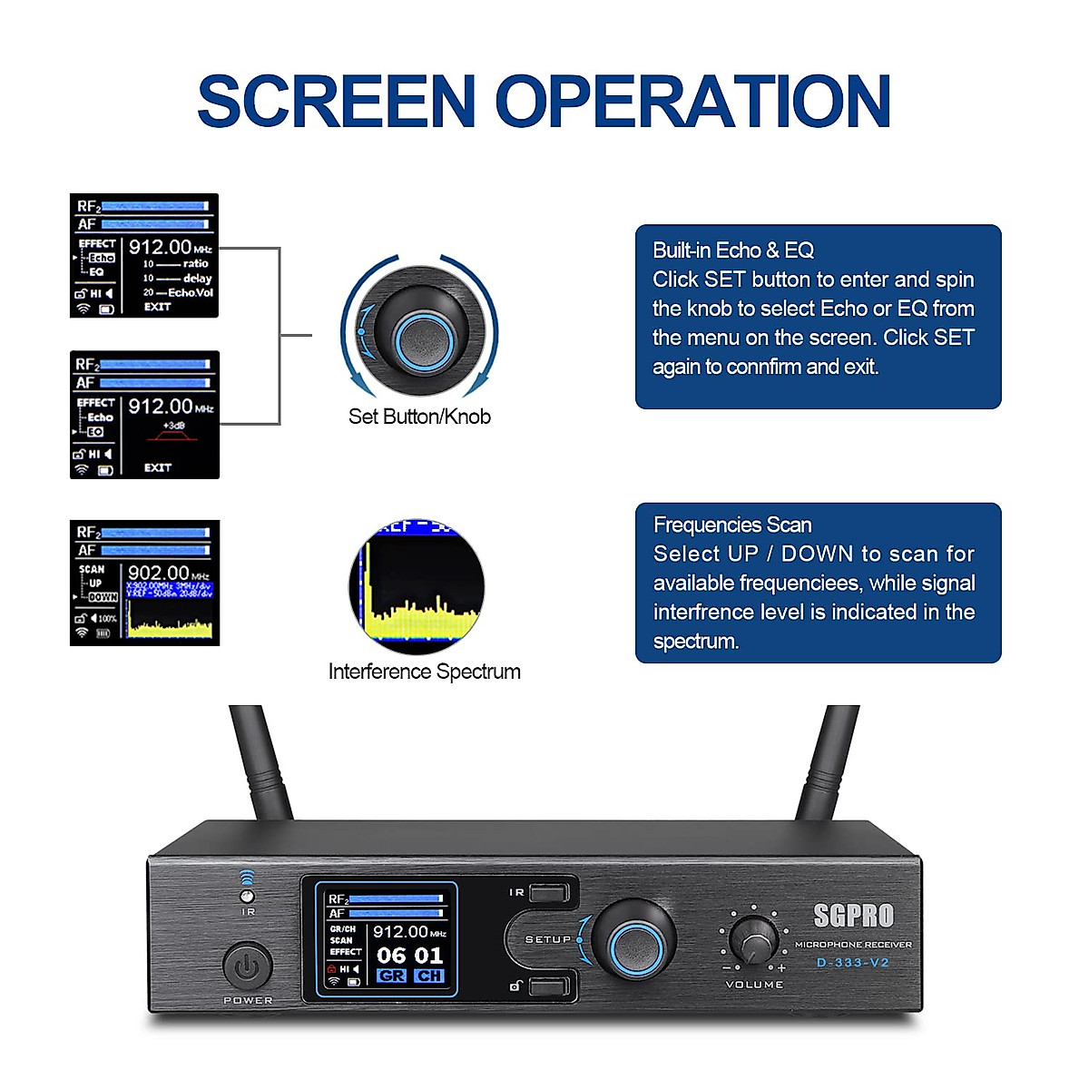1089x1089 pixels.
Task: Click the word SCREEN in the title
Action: click(337, 101)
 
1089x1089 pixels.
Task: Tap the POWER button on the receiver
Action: click(247, 967)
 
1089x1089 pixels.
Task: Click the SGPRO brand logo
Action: click(853, 916)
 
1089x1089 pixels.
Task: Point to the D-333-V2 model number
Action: click(852, 963)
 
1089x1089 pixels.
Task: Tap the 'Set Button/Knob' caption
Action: click(419, 417)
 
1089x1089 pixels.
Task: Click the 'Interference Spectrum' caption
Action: click(424, 672)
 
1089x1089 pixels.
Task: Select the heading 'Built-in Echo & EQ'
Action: click(733, 250)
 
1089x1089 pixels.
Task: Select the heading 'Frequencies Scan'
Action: click(732, 525)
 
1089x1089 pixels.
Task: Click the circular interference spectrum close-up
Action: click(417, 586)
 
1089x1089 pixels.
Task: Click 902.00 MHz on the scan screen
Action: click(159, 573)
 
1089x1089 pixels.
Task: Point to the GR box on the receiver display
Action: click(391, 976)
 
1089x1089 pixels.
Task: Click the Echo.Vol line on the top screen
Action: click(189, 292)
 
